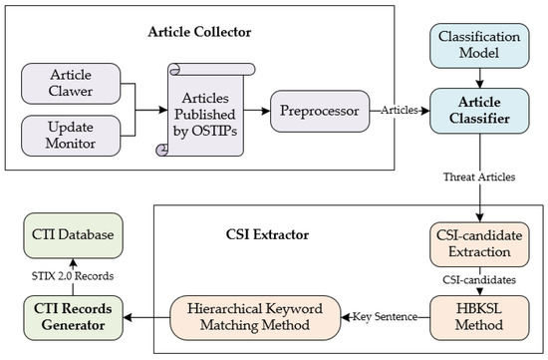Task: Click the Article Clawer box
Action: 71,84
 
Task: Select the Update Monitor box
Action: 71,136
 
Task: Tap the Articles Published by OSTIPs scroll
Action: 205,110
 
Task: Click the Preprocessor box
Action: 320,111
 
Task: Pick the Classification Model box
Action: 479,46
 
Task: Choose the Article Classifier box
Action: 479,111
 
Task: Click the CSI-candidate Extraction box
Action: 479,244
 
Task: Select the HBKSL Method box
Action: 479,318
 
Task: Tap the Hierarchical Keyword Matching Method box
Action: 255,318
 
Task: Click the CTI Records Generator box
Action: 73,318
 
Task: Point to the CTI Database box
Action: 73,235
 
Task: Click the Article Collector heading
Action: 199,32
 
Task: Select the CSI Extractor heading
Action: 267,234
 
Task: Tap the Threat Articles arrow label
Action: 479,178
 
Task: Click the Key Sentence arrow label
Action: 385,316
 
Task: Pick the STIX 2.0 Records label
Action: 73,276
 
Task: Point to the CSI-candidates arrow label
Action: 479,280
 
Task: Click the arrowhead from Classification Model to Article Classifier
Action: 479,85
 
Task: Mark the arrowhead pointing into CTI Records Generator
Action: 128,318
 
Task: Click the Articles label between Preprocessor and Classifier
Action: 400,111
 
